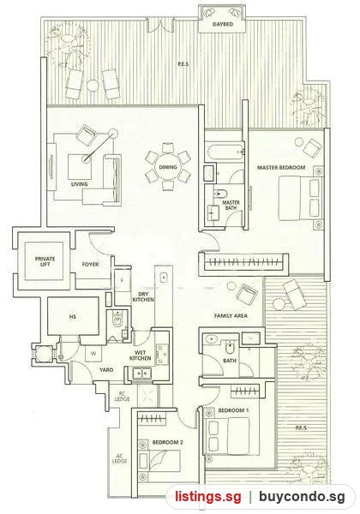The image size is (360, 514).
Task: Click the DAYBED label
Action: (223, 24)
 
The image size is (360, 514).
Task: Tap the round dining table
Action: (167, 167)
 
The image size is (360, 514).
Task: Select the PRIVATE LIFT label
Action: (45, 261)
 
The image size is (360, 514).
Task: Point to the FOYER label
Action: (90, 264)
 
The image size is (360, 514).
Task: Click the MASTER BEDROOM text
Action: (281, 168)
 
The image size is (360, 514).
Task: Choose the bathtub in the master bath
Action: (225, 151)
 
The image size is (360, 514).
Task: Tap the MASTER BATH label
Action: (231, 206)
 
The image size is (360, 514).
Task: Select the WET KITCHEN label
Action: (141, 356)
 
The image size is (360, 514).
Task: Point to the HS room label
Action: (73, 317)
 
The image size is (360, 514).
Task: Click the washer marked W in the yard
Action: (93, 354)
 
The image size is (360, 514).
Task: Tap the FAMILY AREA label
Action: (231, 315)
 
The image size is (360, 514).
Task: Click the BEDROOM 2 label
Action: (167, 443)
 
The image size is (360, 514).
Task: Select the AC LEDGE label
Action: (119, 458)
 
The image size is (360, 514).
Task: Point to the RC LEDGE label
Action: (122, 397)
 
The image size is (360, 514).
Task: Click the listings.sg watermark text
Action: (208, 497)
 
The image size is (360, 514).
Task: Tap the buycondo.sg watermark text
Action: (302, 497)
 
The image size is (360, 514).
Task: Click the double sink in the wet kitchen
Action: (141, 373)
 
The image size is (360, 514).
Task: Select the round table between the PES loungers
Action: (93, 86)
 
